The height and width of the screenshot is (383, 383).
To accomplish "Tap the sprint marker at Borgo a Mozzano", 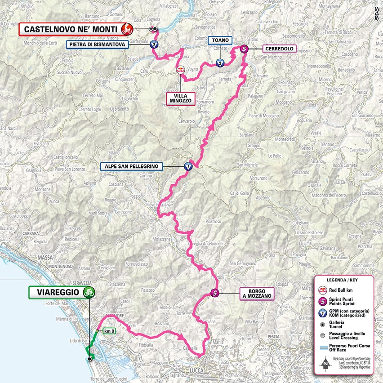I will pos(215,294).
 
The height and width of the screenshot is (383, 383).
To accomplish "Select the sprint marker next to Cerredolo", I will pos(244,49).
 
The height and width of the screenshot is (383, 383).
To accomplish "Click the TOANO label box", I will pos(220,40).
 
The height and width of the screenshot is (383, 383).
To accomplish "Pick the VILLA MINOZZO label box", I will pos(181,98).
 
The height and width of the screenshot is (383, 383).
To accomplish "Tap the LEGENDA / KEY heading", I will pos(343,280).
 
